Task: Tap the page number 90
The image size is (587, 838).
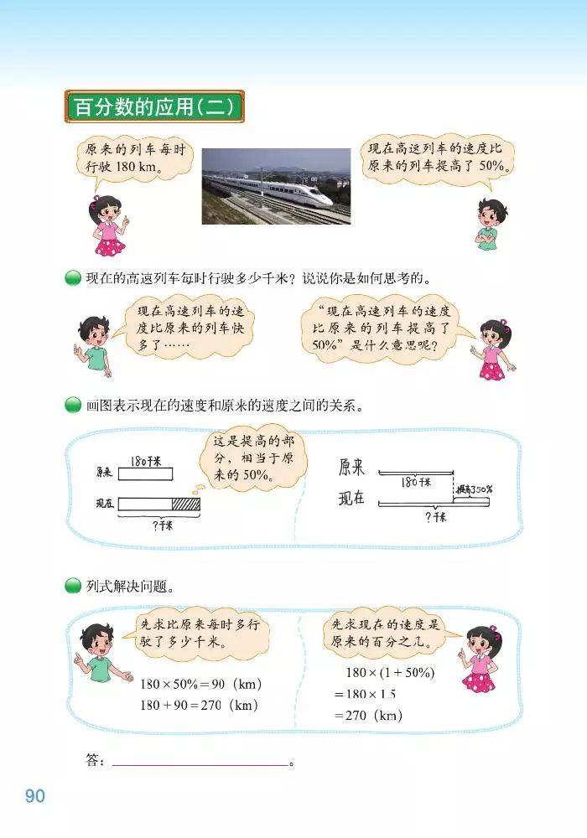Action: (x=34, y=795)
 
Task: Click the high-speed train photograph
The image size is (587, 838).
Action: (x=276, y=186)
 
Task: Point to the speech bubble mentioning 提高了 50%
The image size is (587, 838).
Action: (x=437, y=158)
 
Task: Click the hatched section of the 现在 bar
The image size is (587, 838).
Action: (x=186, y=504)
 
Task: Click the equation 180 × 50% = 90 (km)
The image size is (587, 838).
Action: (x=202, y=684)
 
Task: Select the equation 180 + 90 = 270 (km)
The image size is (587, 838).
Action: (x=200, y=705)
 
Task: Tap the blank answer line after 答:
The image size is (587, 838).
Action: (x=200, y=763)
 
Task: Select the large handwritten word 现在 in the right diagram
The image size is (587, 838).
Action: (x=351, y=499)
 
